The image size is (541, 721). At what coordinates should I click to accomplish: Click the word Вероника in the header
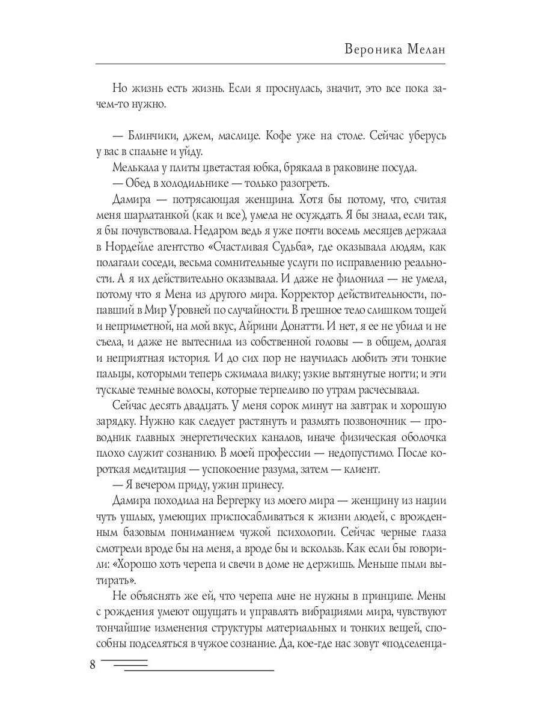click(x=376, y=50)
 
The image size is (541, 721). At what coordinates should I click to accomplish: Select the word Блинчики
click(x=150, y=136)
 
